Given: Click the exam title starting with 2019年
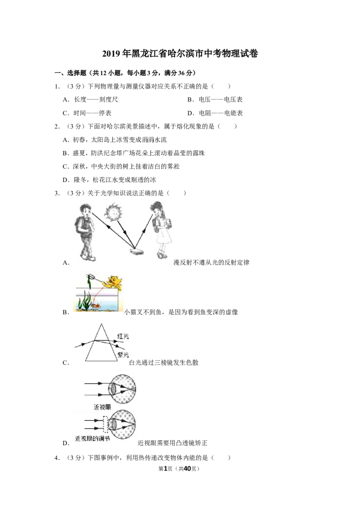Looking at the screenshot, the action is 180,53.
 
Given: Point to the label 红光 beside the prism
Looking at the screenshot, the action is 123,336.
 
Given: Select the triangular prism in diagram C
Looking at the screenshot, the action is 101,342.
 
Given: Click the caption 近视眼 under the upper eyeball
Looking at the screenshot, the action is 102,407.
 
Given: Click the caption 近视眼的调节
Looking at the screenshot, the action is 93,438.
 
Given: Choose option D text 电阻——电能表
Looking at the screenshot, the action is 221,113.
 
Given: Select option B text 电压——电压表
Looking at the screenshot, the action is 220,100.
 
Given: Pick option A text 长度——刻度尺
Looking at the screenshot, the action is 96,100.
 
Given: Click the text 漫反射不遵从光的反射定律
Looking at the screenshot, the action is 211,262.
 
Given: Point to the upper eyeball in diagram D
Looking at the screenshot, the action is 122,388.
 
